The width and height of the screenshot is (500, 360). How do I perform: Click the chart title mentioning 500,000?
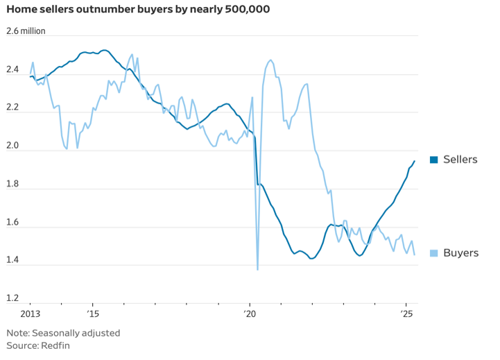click(138, 10)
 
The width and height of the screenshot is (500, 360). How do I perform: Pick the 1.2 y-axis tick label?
click(13, 298)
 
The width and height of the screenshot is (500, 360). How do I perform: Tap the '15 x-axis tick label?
click(92, 314)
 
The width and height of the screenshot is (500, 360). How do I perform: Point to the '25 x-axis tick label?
click(407, 314)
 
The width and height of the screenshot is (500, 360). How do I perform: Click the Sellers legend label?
click(460, 160)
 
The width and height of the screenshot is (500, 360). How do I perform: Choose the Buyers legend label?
click(460, 252)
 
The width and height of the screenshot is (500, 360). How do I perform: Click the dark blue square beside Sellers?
click(434, 160)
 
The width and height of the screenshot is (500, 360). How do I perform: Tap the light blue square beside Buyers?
click(434, 252)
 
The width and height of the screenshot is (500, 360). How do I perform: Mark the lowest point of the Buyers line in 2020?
click(257, 269)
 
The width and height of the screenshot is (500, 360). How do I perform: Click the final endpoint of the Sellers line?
click(415, 161)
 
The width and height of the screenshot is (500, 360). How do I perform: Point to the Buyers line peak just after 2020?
click(270, 60)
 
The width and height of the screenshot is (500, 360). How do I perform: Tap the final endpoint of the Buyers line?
click(415, 255)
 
